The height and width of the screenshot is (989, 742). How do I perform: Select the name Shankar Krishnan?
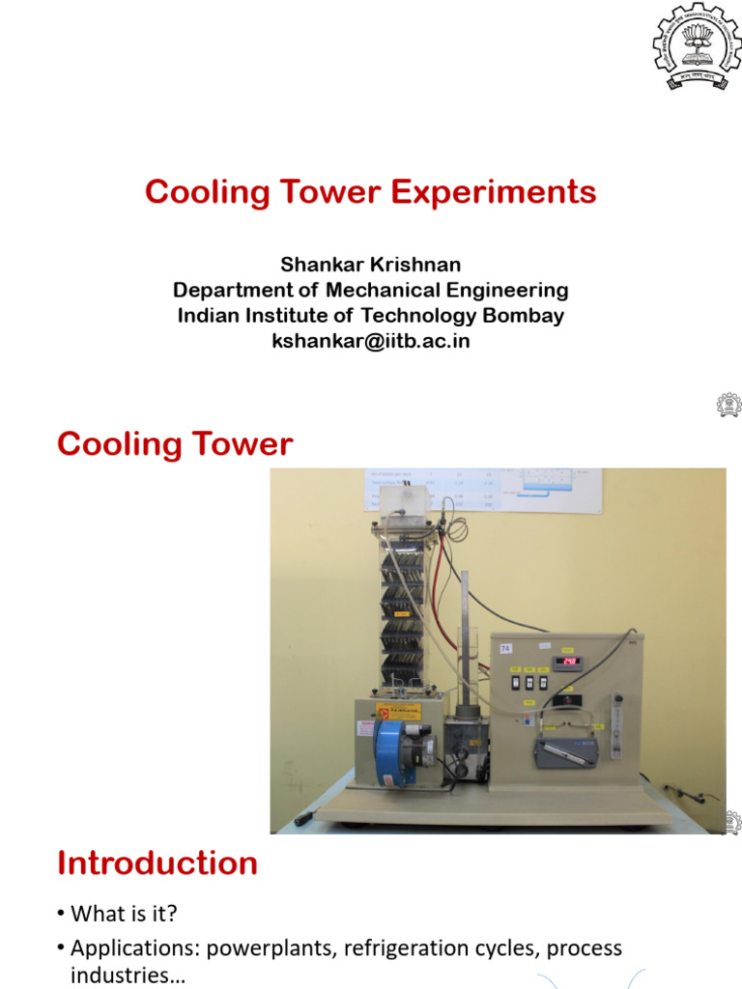point(370,265)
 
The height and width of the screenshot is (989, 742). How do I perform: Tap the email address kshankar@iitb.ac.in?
point(371,341)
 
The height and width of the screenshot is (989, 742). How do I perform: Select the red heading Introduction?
point(157,862)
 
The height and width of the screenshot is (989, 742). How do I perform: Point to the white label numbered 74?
point(505,649)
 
